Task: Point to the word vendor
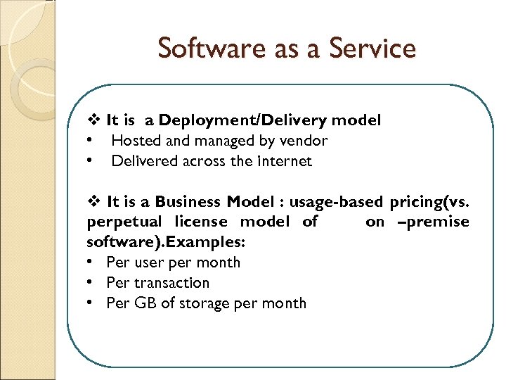click(x=304, y=141)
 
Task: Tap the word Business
click(x=188, y=202)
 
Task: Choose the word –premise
click(x=435, y=222)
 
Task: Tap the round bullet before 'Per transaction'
click(x=92, y=283)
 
